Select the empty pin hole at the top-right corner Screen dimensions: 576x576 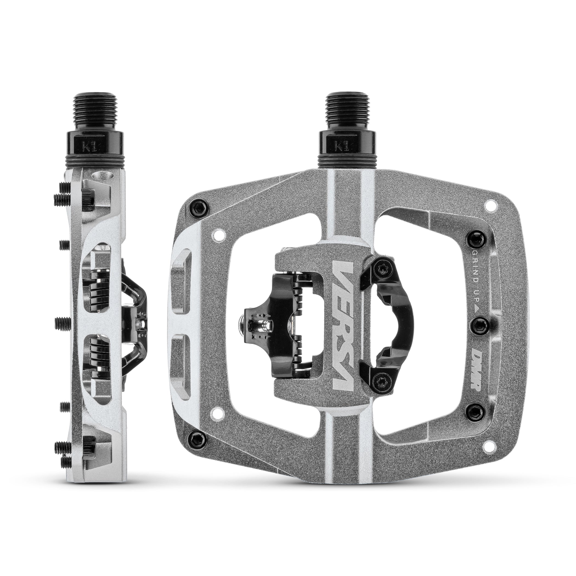click(489, 205)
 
